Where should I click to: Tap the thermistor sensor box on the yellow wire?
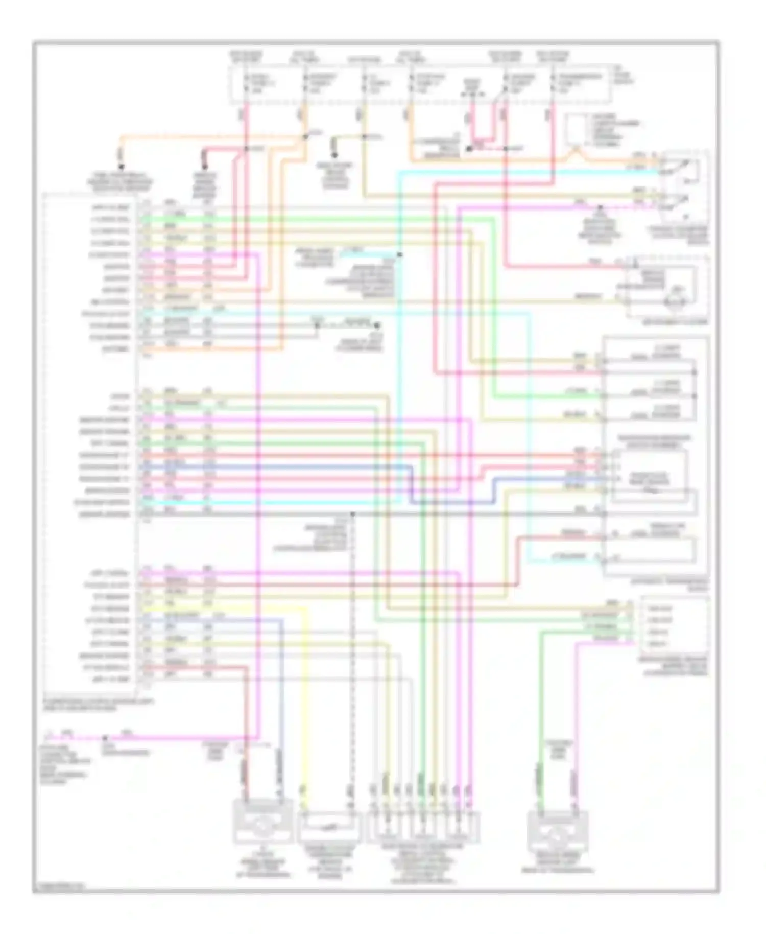click(328, 826)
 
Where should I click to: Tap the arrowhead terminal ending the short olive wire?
click(334, 154)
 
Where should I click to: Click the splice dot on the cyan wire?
click(399, 254)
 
